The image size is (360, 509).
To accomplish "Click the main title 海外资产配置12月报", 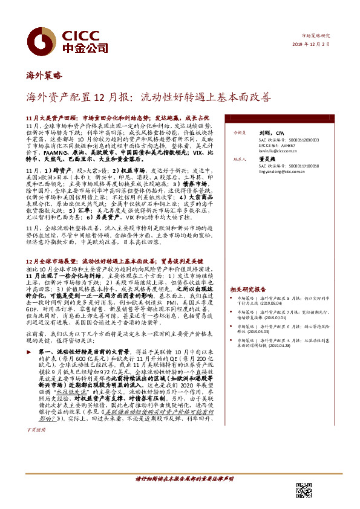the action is click(148, 96).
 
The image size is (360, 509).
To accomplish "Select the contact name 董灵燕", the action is click(267, 159).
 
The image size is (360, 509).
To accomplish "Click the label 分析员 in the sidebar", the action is click(238, 132).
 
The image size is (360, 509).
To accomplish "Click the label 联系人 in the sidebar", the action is click(238, 159).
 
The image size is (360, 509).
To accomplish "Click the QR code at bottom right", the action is click(304, 490).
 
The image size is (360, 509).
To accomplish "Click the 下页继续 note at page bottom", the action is click(36, 464).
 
